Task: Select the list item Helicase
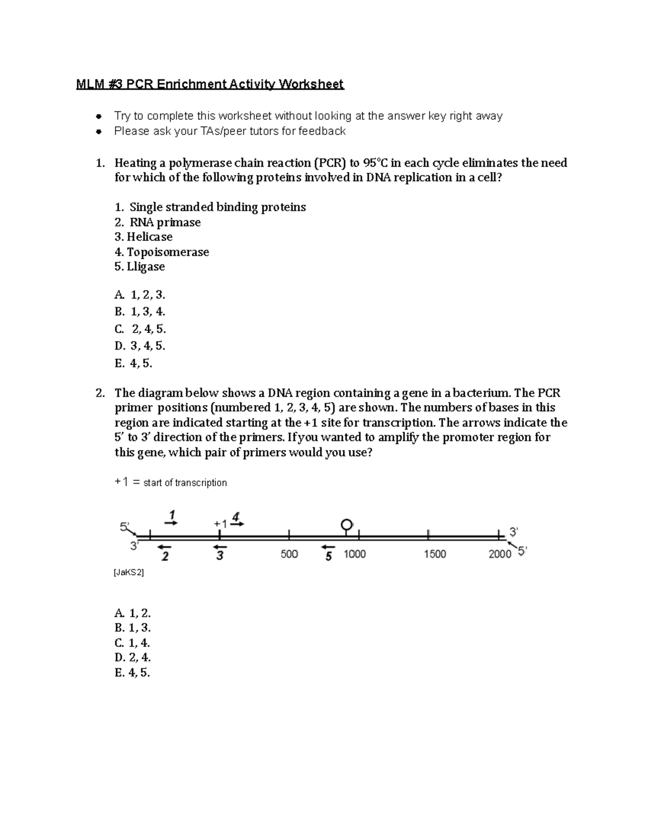(x=144, y=237)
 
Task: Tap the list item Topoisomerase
(x=161, y=252)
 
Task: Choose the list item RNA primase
(x=158, y=222)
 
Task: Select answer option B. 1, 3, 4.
(x=140, y=312)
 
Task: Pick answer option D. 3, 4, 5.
(x=140, y=346)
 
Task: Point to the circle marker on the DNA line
(x=347, y=524)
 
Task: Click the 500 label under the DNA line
(x=289, y=554)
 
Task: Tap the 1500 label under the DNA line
(x=435, y=554)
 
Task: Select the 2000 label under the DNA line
(x=500, y=554)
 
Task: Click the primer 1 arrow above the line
(x=171, y=522)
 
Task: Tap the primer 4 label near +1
(x=236, y=516)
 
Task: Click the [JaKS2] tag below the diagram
(x=129, y=573)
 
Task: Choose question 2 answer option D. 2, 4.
(x=133, y=658)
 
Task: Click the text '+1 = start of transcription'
(x=171, y=483)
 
